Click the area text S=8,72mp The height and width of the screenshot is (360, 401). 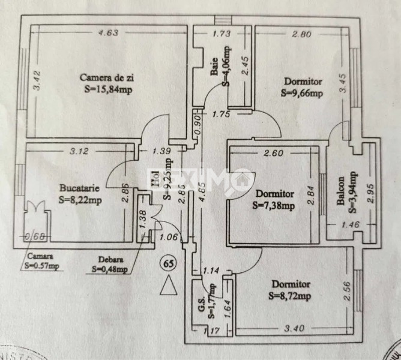(291, 296)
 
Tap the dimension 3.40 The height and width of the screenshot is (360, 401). (291, 328)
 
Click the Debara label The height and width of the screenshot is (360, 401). (112, 260)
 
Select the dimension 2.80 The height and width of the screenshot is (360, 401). (301, 34)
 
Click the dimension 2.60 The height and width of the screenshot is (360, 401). (273, 152)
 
